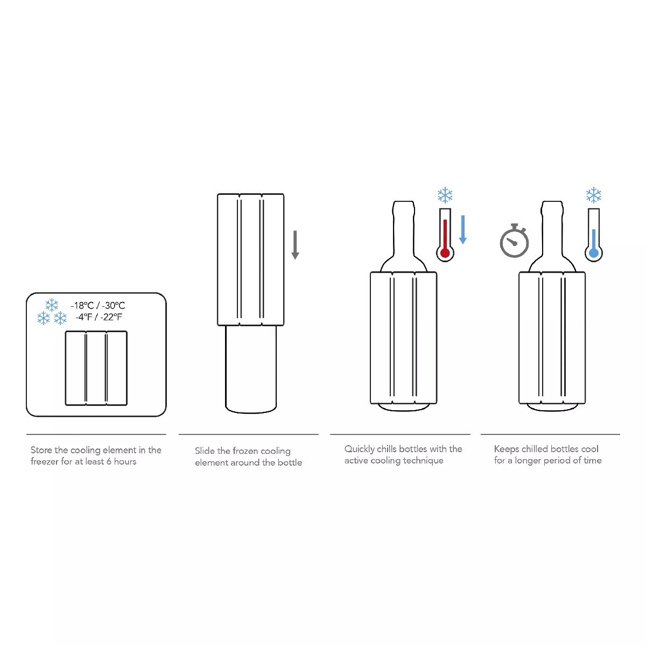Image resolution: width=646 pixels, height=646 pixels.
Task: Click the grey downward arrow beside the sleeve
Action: [295, 245]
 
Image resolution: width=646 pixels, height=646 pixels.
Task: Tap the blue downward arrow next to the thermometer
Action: [463, 230]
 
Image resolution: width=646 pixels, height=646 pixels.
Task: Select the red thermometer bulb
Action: [445, 253]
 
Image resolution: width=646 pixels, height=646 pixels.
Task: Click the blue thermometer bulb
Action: [593, 253]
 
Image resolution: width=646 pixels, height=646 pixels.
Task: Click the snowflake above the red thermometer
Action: [445, 195]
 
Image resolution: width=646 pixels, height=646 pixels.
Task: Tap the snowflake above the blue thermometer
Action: [593, 195]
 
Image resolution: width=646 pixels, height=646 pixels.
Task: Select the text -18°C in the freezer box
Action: [82, 305]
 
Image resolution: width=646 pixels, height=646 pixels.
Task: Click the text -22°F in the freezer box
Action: [111, 317]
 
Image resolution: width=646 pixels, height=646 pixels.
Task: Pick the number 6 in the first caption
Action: [109, 461]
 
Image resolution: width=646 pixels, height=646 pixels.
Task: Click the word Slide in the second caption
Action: [205, 451]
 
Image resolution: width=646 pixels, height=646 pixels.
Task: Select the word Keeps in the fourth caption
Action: [507, 449]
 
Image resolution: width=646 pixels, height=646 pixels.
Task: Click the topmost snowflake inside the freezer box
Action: [52, 305]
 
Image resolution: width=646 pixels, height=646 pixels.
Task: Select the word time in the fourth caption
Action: [592, 461]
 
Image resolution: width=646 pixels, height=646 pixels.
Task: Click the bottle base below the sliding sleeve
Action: [251, 369]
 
